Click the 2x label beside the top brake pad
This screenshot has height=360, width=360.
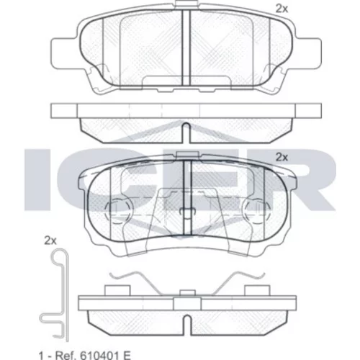pyautogui.click(x=282, y=9)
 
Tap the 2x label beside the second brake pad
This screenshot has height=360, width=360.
pyautogui.click(x=282, y=158)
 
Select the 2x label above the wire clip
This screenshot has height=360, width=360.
pyautogui.click(x=50, y=240)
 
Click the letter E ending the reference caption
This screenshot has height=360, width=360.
pyautogui.click(x=127, y=355)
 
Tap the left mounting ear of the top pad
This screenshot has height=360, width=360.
pyautogui.click(x=64, y=51)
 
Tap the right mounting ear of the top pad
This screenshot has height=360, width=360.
pyautogui.click(x=308, y=51)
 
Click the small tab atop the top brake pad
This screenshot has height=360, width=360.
pyautogui.click(x=186, y=4)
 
